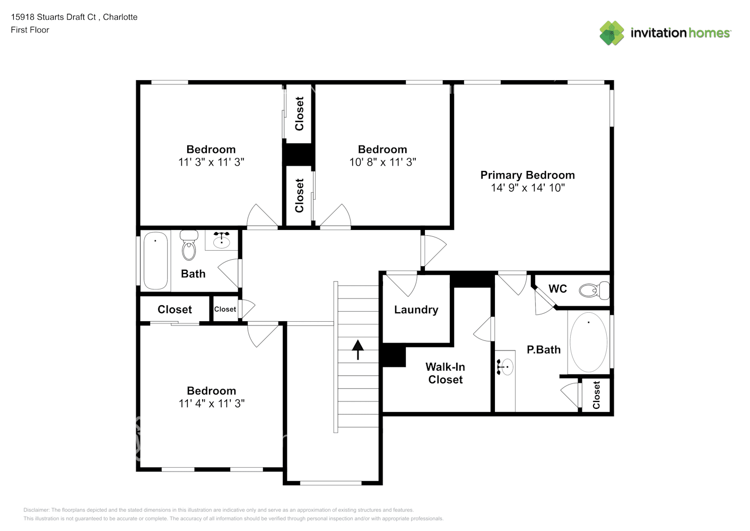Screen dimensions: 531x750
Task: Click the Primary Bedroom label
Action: (527, 175)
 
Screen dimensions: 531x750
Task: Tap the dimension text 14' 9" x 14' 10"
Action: (527, 187)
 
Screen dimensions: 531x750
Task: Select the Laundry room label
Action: (416, 310)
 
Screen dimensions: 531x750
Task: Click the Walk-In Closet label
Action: (446, 373)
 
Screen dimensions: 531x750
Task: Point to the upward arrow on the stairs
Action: (358, 349)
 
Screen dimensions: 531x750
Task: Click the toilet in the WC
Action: (594, 290)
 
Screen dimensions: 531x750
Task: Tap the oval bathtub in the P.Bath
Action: (588, 342)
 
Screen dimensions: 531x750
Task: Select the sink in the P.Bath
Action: (506, 366)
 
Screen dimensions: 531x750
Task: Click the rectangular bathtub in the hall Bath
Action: (155, 260)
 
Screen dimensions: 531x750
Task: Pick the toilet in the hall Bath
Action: (189, 245)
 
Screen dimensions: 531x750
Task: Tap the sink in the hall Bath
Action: (221, 241)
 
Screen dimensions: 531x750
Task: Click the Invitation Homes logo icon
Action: (612, 33)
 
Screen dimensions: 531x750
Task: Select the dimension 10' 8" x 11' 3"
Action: (382, 162)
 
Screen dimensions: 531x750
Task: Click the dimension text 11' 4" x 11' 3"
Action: (211, 404)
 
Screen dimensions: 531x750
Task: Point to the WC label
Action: (557, 288)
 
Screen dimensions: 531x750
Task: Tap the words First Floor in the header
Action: (30, 30)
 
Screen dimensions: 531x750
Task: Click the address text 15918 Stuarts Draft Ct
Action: (53, 17)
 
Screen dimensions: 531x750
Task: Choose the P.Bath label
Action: (543, 349)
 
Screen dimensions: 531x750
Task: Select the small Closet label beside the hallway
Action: (225, 309)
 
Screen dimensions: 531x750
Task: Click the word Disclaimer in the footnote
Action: (36, 510)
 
